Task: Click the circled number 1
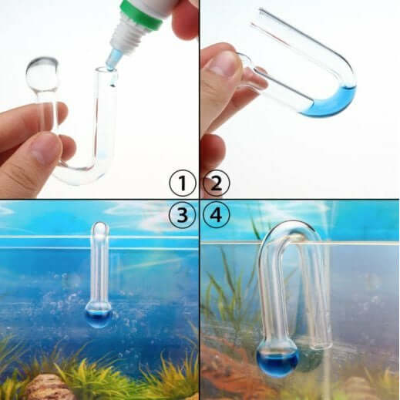[x=182, y=183]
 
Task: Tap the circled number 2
[x=217, y=183]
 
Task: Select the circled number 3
[x=182, y=217]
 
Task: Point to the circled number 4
[x=217, y=217]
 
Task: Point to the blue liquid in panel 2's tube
[x=328, y=103]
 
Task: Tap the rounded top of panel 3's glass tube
[x=99, y=229]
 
